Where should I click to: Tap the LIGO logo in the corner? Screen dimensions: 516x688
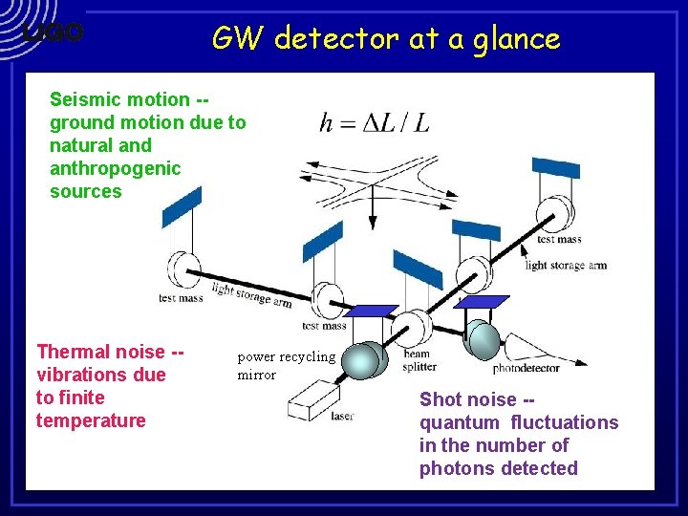(x=54, y=32)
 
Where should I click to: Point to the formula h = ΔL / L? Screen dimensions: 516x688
(x=374, y=122)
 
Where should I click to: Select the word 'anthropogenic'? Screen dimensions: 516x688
(x=115, y=168)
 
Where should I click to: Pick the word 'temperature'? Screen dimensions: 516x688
(x=91, y=420)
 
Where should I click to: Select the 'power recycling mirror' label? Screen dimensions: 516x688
(x=286, y=365)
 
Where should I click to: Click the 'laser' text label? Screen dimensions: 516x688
(x=342, y=417)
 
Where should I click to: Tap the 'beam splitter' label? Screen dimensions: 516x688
(x=419, y=359)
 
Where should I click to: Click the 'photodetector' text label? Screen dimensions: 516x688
(x=526, y=368)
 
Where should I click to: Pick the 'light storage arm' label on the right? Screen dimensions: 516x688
(x=566, y=265)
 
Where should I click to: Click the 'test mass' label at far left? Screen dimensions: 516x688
(x=181, y=298)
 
